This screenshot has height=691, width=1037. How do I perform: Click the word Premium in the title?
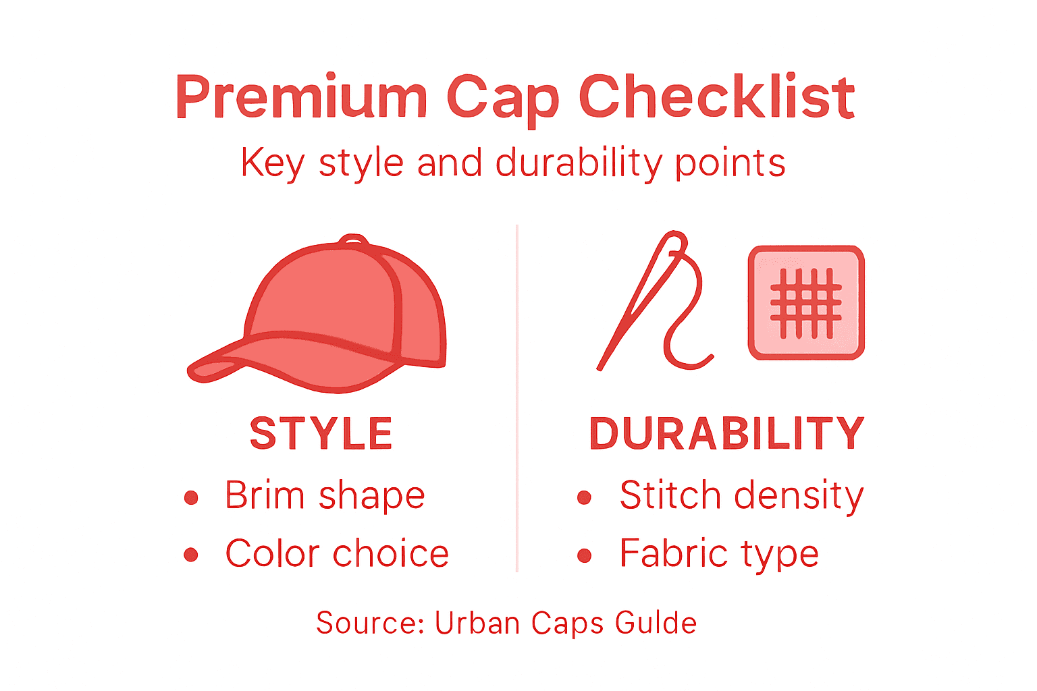301,98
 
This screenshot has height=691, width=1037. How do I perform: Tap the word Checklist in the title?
716,98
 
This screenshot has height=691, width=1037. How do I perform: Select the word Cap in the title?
502,100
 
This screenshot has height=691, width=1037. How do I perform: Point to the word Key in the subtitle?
272,164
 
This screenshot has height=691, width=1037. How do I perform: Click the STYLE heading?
321,433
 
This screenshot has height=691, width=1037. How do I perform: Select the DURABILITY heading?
726,433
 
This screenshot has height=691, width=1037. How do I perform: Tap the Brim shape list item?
325,496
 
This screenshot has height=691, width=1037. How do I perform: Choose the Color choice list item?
337,554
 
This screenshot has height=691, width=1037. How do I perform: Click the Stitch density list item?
741,496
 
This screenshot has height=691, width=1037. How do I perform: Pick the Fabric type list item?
719,554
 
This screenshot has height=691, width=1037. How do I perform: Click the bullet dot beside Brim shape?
191,498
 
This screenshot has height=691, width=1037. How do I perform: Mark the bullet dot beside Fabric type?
585,556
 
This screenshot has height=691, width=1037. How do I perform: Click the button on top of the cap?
353,240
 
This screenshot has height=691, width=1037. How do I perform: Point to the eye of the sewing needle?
674,244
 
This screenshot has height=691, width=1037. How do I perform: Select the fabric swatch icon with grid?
806,302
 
